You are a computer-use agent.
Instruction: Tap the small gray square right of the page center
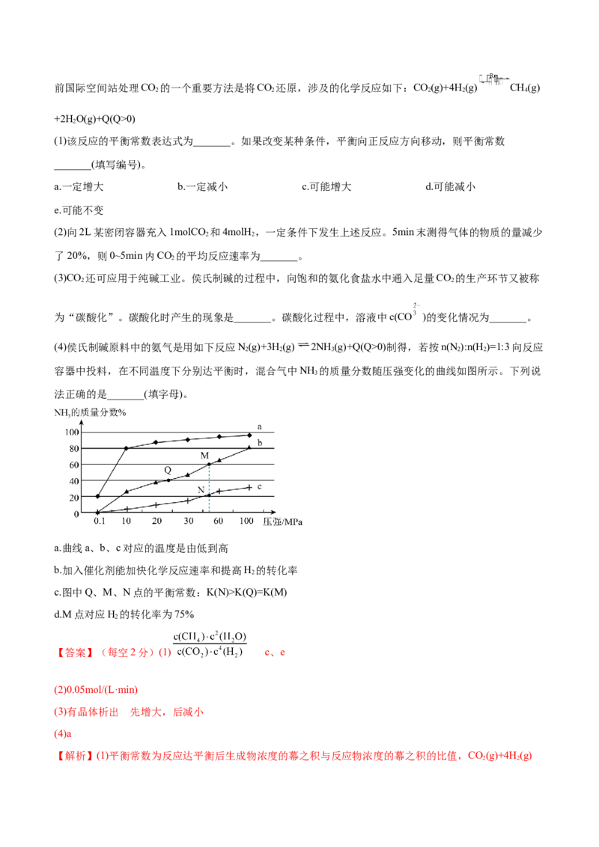[419, 305]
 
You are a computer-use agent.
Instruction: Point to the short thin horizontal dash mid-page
[302, 344]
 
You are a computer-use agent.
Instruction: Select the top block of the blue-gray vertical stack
[210, 473]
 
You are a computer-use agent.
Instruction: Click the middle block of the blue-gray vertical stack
[210, 488]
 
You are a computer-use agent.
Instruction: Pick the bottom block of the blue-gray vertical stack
[210, 503]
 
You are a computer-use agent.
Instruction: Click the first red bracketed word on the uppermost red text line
[75, 652]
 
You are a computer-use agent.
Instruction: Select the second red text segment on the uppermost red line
[131, 652]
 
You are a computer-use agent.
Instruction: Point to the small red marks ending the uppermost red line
[276, 653]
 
